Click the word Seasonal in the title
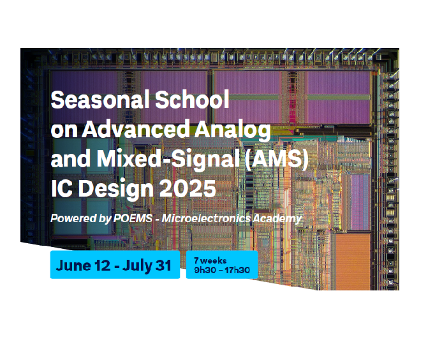tap(100, 100)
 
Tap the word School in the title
tap(192, 100)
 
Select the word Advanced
tap(135, 129)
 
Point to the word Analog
tap(232, 131)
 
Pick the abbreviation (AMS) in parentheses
tap(276, 159)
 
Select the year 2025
tap(188, 188)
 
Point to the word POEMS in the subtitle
tap(133, 218)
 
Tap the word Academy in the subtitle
tap(277, 219)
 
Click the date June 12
tap(83, 266)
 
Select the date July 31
tap(147, 266)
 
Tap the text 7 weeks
tap(210, 260)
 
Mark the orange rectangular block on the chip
tap(353, 261)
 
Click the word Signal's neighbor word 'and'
tap(71, 159)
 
